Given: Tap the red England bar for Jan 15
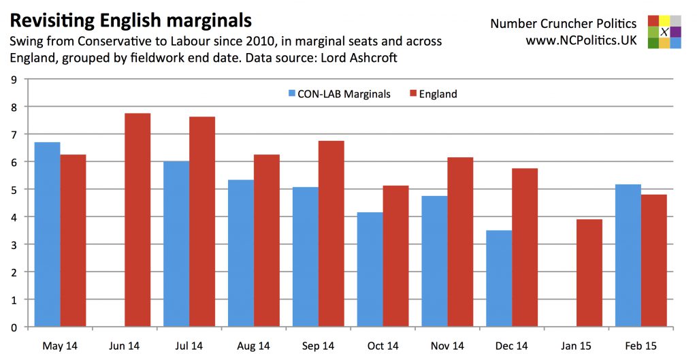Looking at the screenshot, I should pyautogui.click(x=589, y=273).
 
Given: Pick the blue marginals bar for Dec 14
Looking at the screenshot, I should pyautogui.click(x=499, y=278).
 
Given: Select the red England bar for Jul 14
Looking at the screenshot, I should pyautogui.click(x=202, y=222).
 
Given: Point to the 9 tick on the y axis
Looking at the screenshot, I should pyautogui.click(x=14, y=80).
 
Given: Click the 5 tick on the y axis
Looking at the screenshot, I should pyautogui.click(x=14, y=189).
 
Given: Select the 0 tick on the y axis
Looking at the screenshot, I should pyautogui.click(x=14, y=327).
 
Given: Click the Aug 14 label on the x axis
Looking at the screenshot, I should pyautogui.click(x=253, y=346).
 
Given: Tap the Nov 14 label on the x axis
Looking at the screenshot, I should pyautogui.click(x=447, y=346).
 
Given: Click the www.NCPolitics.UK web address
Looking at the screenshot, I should pyautogui.click(x=581, y=41).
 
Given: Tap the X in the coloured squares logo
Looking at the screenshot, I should pyautogui.click(x=664, y=32).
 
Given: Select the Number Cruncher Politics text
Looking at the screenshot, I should pyautogui.click(x=564, y=24).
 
